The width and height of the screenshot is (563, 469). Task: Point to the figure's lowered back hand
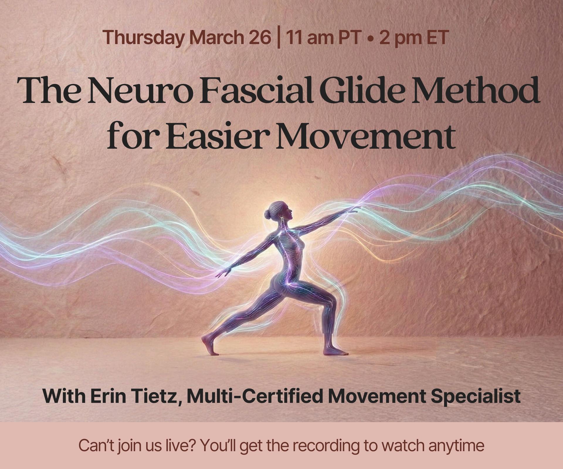[x=223, y=272]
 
